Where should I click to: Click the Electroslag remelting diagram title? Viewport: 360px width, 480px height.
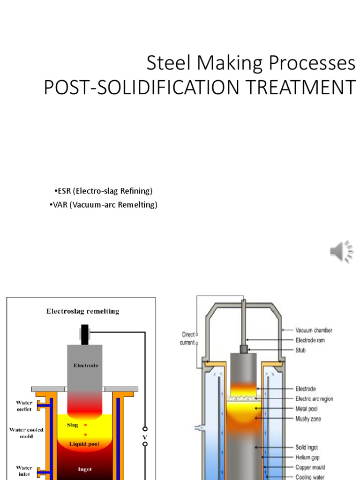pyautogui.click(x=82, y=311)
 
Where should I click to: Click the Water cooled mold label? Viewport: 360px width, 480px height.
pyautogui.click(x=26, y=433)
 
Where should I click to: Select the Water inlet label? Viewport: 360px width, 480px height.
pyautogui.click(x=24, y=470)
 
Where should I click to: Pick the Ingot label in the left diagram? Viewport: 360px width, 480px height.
pyautogui.click(x=85, y=468)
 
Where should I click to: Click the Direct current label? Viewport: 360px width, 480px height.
pyautogui.click(x=187, y=338)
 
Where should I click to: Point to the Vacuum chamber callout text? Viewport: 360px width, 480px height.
pyautogui.click(x=314, y=330)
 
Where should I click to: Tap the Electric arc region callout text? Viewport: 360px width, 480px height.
pyautogui.click(x=314, y=399)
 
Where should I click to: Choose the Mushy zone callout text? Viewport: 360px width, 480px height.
pyautogui.click(x=308, y=419)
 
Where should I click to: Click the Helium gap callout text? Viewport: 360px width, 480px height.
pyautogui.click(x=307, y=457)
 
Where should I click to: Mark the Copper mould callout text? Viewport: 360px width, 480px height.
pyautogui.click(x=310, y=467)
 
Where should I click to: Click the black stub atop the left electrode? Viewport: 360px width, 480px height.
pyautogui.click(x=84, y=333)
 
